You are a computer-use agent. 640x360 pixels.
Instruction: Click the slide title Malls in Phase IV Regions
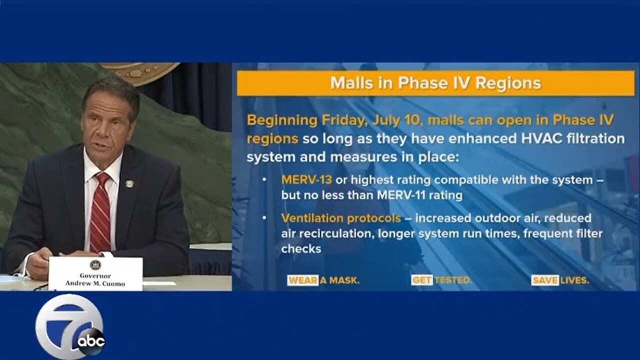tap(435, 83)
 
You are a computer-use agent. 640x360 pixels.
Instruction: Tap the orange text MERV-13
tap(306, 180)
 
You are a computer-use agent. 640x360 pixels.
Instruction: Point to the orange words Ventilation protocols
tap(341, 218)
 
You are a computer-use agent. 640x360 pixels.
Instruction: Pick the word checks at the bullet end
tap(301, 249)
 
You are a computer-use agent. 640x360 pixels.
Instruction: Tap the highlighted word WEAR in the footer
tap(302, 280)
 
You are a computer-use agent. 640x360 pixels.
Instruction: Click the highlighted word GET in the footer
tap(422, 280)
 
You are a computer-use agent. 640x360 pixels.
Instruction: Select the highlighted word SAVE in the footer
tap(545, 280)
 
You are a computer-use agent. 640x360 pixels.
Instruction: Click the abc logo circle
tap(91, 341)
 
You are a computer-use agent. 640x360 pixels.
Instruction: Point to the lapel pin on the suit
tap(129, 183)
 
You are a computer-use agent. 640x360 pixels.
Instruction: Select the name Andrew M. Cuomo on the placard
tap(95, 283)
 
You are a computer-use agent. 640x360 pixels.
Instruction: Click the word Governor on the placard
tap(95, 275)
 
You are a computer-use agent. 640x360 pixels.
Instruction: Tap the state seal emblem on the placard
tap(95, 265)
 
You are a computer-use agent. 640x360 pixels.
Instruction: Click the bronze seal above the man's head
tap(140, 73)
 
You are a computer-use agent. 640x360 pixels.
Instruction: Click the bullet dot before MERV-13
tap(264, 180)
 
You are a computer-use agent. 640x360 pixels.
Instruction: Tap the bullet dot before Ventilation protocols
tap(264, 218)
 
